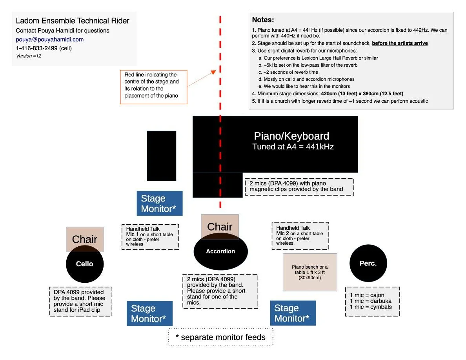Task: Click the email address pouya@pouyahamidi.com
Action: [x=49, y=39]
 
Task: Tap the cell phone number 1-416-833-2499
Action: [x=44, y=48]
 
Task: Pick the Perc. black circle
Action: [x=368, y=264]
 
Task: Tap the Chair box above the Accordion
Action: [x=220, y=225]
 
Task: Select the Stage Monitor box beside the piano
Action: [x=159, y=204]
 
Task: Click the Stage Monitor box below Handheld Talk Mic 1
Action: [x=149, y=313]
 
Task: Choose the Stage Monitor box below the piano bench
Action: [x=293, y=313]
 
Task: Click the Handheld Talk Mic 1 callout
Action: [x=150, y=236]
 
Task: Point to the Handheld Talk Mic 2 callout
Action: [x=300, y=235]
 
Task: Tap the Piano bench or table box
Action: [x=310, y=272]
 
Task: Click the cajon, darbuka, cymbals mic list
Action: [x=372, y=301]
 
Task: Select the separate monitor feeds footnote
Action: [x=220, y=337]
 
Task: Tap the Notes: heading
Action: [x=263, y=20]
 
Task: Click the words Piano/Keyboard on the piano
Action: [x=291, y=136]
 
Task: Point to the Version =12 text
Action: [x=29, y=56]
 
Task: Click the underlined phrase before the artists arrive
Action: [x=400, y=43]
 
